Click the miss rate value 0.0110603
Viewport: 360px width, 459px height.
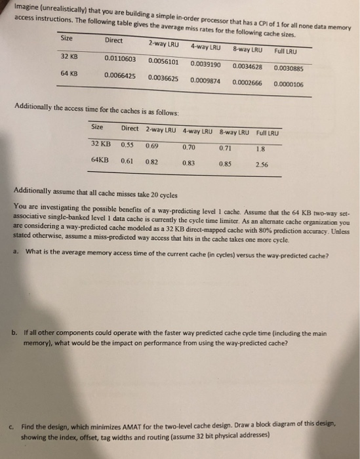tap(120, 58)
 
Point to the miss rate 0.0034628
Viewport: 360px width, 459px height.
tap(247, 66)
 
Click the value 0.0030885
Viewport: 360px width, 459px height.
tap(289, 68)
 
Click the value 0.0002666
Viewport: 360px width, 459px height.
tap(247, 83)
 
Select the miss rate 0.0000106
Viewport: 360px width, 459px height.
tap(289, 84)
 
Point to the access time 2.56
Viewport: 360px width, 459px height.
tap(264, 165)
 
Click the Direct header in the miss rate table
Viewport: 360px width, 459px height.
tap(113, 41)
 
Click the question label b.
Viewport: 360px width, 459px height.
tap(14, 332)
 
